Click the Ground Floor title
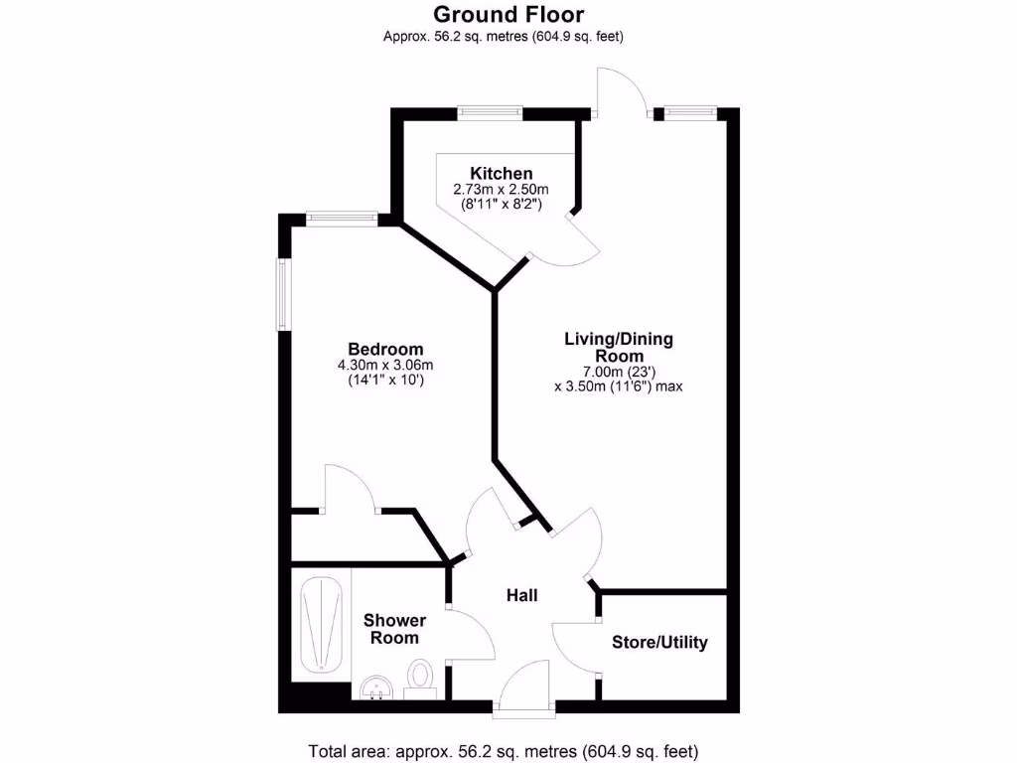pos(508,15)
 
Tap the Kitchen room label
pos(502,173)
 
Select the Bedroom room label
pos(385,349)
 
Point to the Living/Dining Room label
pos(619,347)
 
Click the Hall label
pos(522,595)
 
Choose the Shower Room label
pos(394,629)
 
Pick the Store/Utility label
pos(659,642)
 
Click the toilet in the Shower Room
pos(421,678)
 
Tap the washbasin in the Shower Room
pos(376,687)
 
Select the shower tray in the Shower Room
pos(321,624)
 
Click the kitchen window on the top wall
pos(491,112)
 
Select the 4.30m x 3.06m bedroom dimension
pos(385,365)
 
